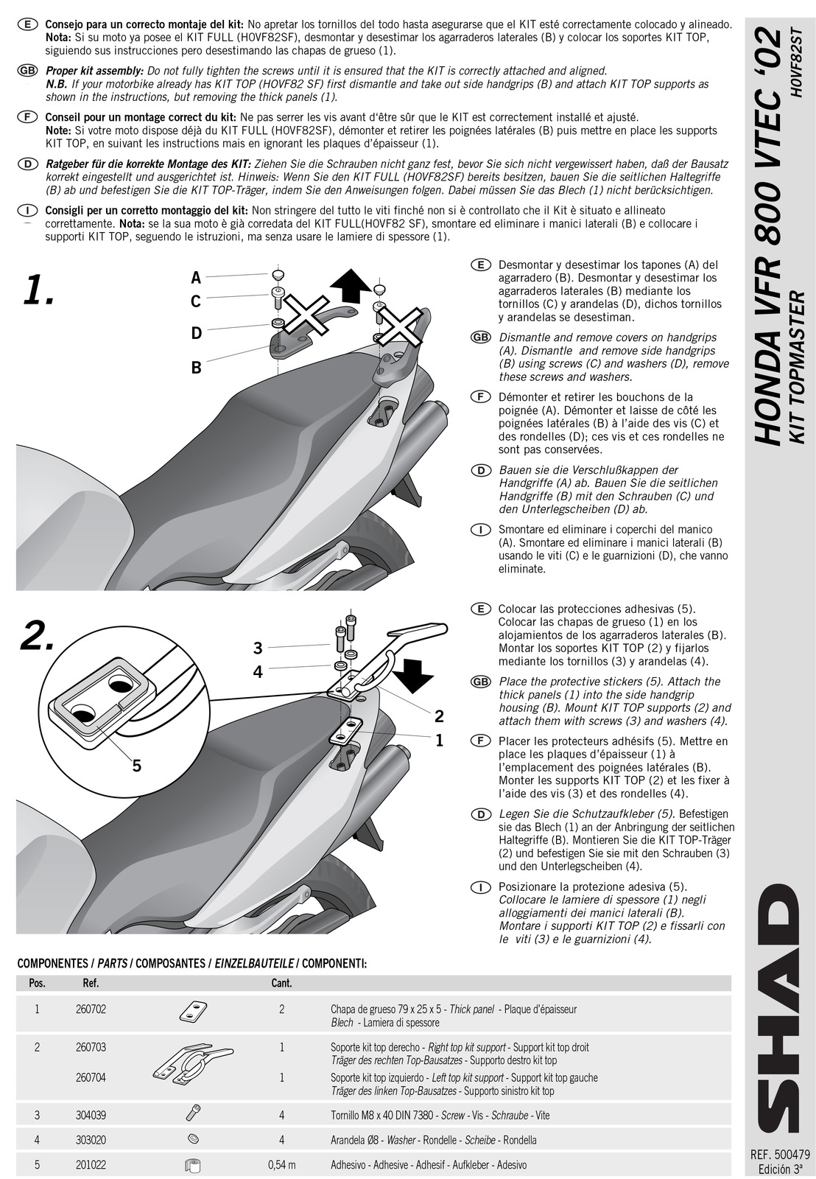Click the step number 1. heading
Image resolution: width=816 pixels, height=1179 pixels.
coord(38,290)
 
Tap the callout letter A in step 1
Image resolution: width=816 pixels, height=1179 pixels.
coord(196,278)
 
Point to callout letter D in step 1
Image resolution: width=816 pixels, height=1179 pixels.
coord(196,334)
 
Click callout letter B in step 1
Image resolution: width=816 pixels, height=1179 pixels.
coord(196,367)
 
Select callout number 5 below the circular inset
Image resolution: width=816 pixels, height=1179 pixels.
coord(136,766)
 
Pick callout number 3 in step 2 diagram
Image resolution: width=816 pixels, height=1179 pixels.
coord(258,648)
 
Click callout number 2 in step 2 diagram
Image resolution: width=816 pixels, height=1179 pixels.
coord(439,716)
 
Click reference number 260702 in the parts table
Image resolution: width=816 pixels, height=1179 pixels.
coord(91,1010)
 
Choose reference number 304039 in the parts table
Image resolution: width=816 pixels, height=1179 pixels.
coord(91,1116)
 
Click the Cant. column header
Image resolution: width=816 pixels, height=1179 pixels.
coord(281,983)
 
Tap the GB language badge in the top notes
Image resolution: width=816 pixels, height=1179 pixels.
coord(27,71)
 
